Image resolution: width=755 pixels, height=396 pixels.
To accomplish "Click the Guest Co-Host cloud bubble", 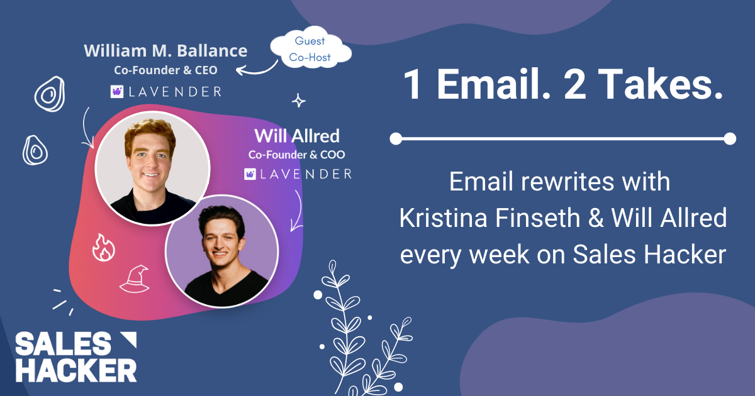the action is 310,48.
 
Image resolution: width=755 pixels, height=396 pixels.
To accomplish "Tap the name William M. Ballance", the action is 165,51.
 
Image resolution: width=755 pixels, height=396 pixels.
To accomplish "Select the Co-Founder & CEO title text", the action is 165,70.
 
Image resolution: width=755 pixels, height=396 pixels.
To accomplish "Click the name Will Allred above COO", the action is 297,136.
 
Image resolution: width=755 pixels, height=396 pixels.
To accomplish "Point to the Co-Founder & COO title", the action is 296,155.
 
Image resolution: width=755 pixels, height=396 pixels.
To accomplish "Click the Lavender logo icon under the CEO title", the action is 117,92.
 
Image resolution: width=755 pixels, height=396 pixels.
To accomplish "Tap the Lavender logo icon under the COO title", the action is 250,174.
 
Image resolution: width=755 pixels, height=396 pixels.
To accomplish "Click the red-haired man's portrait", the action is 153,168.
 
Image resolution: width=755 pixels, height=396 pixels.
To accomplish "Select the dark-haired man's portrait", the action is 221,251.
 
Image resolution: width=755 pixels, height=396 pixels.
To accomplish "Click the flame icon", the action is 103,248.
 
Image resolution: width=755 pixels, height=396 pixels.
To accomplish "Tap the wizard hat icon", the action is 135,279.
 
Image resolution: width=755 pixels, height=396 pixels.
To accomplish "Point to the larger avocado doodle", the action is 50,94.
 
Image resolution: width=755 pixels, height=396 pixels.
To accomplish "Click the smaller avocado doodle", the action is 35,150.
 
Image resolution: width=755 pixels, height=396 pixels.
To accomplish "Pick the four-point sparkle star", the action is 299,101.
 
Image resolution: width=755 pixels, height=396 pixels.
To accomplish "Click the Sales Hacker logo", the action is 76,357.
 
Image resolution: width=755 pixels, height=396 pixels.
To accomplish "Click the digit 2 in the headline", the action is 574,84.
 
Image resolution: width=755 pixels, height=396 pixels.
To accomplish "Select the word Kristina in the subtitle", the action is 444,218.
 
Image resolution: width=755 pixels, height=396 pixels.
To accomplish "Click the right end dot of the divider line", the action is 730,139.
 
